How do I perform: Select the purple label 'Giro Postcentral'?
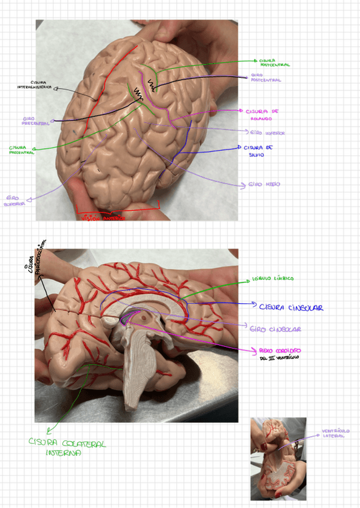pyautogui.click(x=265, y=77)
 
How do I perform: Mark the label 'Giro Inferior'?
pyautogui.click(x=267, y=133)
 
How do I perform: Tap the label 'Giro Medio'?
pyautogui.click(x=264, y=185)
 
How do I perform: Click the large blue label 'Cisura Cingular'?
pyautogui.click(x=291, y=307)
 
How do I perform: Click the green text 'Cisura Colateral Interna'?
pyautogui.click(x=67, y=448)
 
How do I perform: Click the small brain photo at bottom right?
pyautogui.click(x=278, y=459)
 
